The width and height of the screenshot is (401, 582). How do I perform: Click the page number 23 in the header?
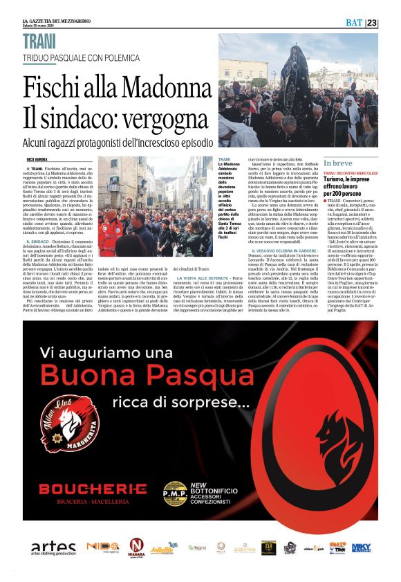click(372, 23)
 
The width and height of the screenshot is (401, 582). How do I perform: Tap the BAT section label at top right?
click(354, 23)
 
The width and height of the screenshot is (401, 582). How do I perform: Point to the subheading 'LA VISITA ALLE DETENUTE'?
click(203, 297)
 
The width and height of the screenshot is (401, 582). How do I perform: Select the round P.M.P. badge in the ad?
click(175, 493)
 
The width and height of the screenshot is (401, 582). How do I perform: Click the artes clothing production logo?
click(53, 547)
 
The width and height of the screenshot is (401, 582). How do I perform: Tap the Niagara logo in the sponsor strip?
click(136, 547)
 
